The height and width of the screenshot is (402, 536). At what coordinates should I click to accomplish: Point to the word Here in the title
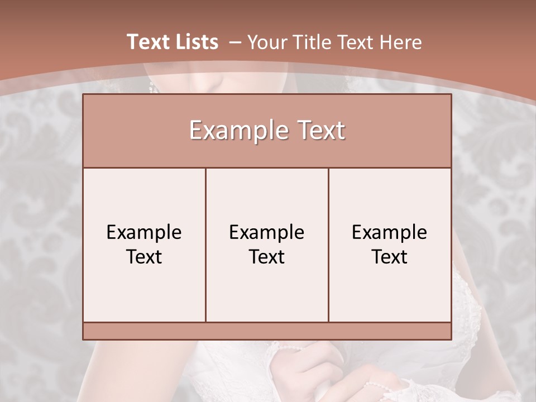coord(401,42)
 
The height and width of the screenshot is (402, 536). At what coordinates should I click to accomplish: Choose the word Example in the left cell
coord(144,232)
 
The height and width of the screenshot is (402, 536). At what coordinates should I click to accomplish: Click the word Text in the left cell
coord(144,257)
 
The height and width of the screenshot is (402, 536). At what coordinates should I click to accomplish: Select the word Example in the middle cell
coord(267,232)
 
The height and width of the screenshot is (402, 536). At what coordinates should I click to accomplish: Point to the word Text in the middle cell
coord(267,257)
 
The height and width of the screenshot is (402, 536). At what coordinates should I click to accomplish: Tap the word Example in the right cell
coord(390,232)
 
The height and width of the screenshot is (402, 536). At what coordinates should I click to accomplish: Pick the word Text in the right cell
coord(390,257)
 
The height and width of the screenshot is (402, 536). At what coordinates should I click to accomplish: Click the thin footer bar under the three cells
coord(267,331)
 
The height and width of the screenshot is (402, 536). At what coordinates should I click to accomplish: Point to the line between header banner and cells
coord(267,167)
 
